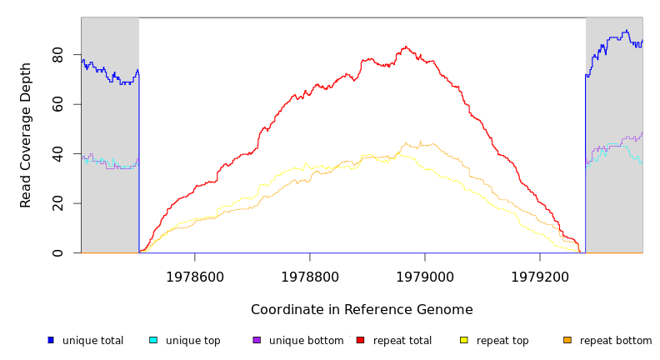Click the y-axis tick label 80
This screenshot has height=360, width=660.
(x=57, y=55)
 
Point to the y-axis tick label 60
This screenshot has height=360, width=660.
(x=57, y=104)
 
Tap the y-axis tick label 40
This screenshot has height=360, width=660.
(x=57, y=154)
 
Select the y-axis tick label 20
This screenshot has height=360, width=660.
(x=57, y=203)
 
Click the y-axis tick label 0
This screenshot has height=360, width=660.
(x=57, y=252)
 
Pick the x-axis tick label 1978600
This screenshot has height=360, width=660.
(x=195, y=277)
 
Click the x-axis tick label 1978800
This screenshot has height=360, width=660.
(x=310, y=277)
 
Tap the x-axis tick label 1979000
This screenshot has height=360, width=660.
(x=425, y=277)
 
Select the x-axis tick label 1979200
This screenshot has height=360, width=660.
(x=540, y=277)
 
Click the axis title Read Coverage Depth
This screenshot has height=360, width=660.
(x=27, y=135)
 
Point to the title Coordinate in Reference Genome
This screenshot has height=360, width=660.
(x=362, y=310)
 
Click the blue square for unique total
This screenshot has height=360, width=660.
(x=51, y=340)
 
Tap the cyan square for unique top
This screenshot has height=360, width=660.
(x=153, y=340)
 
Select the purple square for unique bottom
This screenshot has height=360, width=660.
(x=257, y=340)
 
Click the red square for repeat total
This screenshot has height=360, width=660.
(x=360, y=340)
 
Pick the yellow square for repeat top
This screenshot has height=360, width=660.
(x=464, y=340)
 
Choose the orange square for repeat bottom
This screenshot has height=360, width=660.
(x=567, y=340)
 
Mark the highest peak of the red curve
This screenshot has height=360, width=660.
(x=406, y=47)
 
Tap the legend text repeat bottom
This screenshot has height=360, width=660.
(x=616, y=341)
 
